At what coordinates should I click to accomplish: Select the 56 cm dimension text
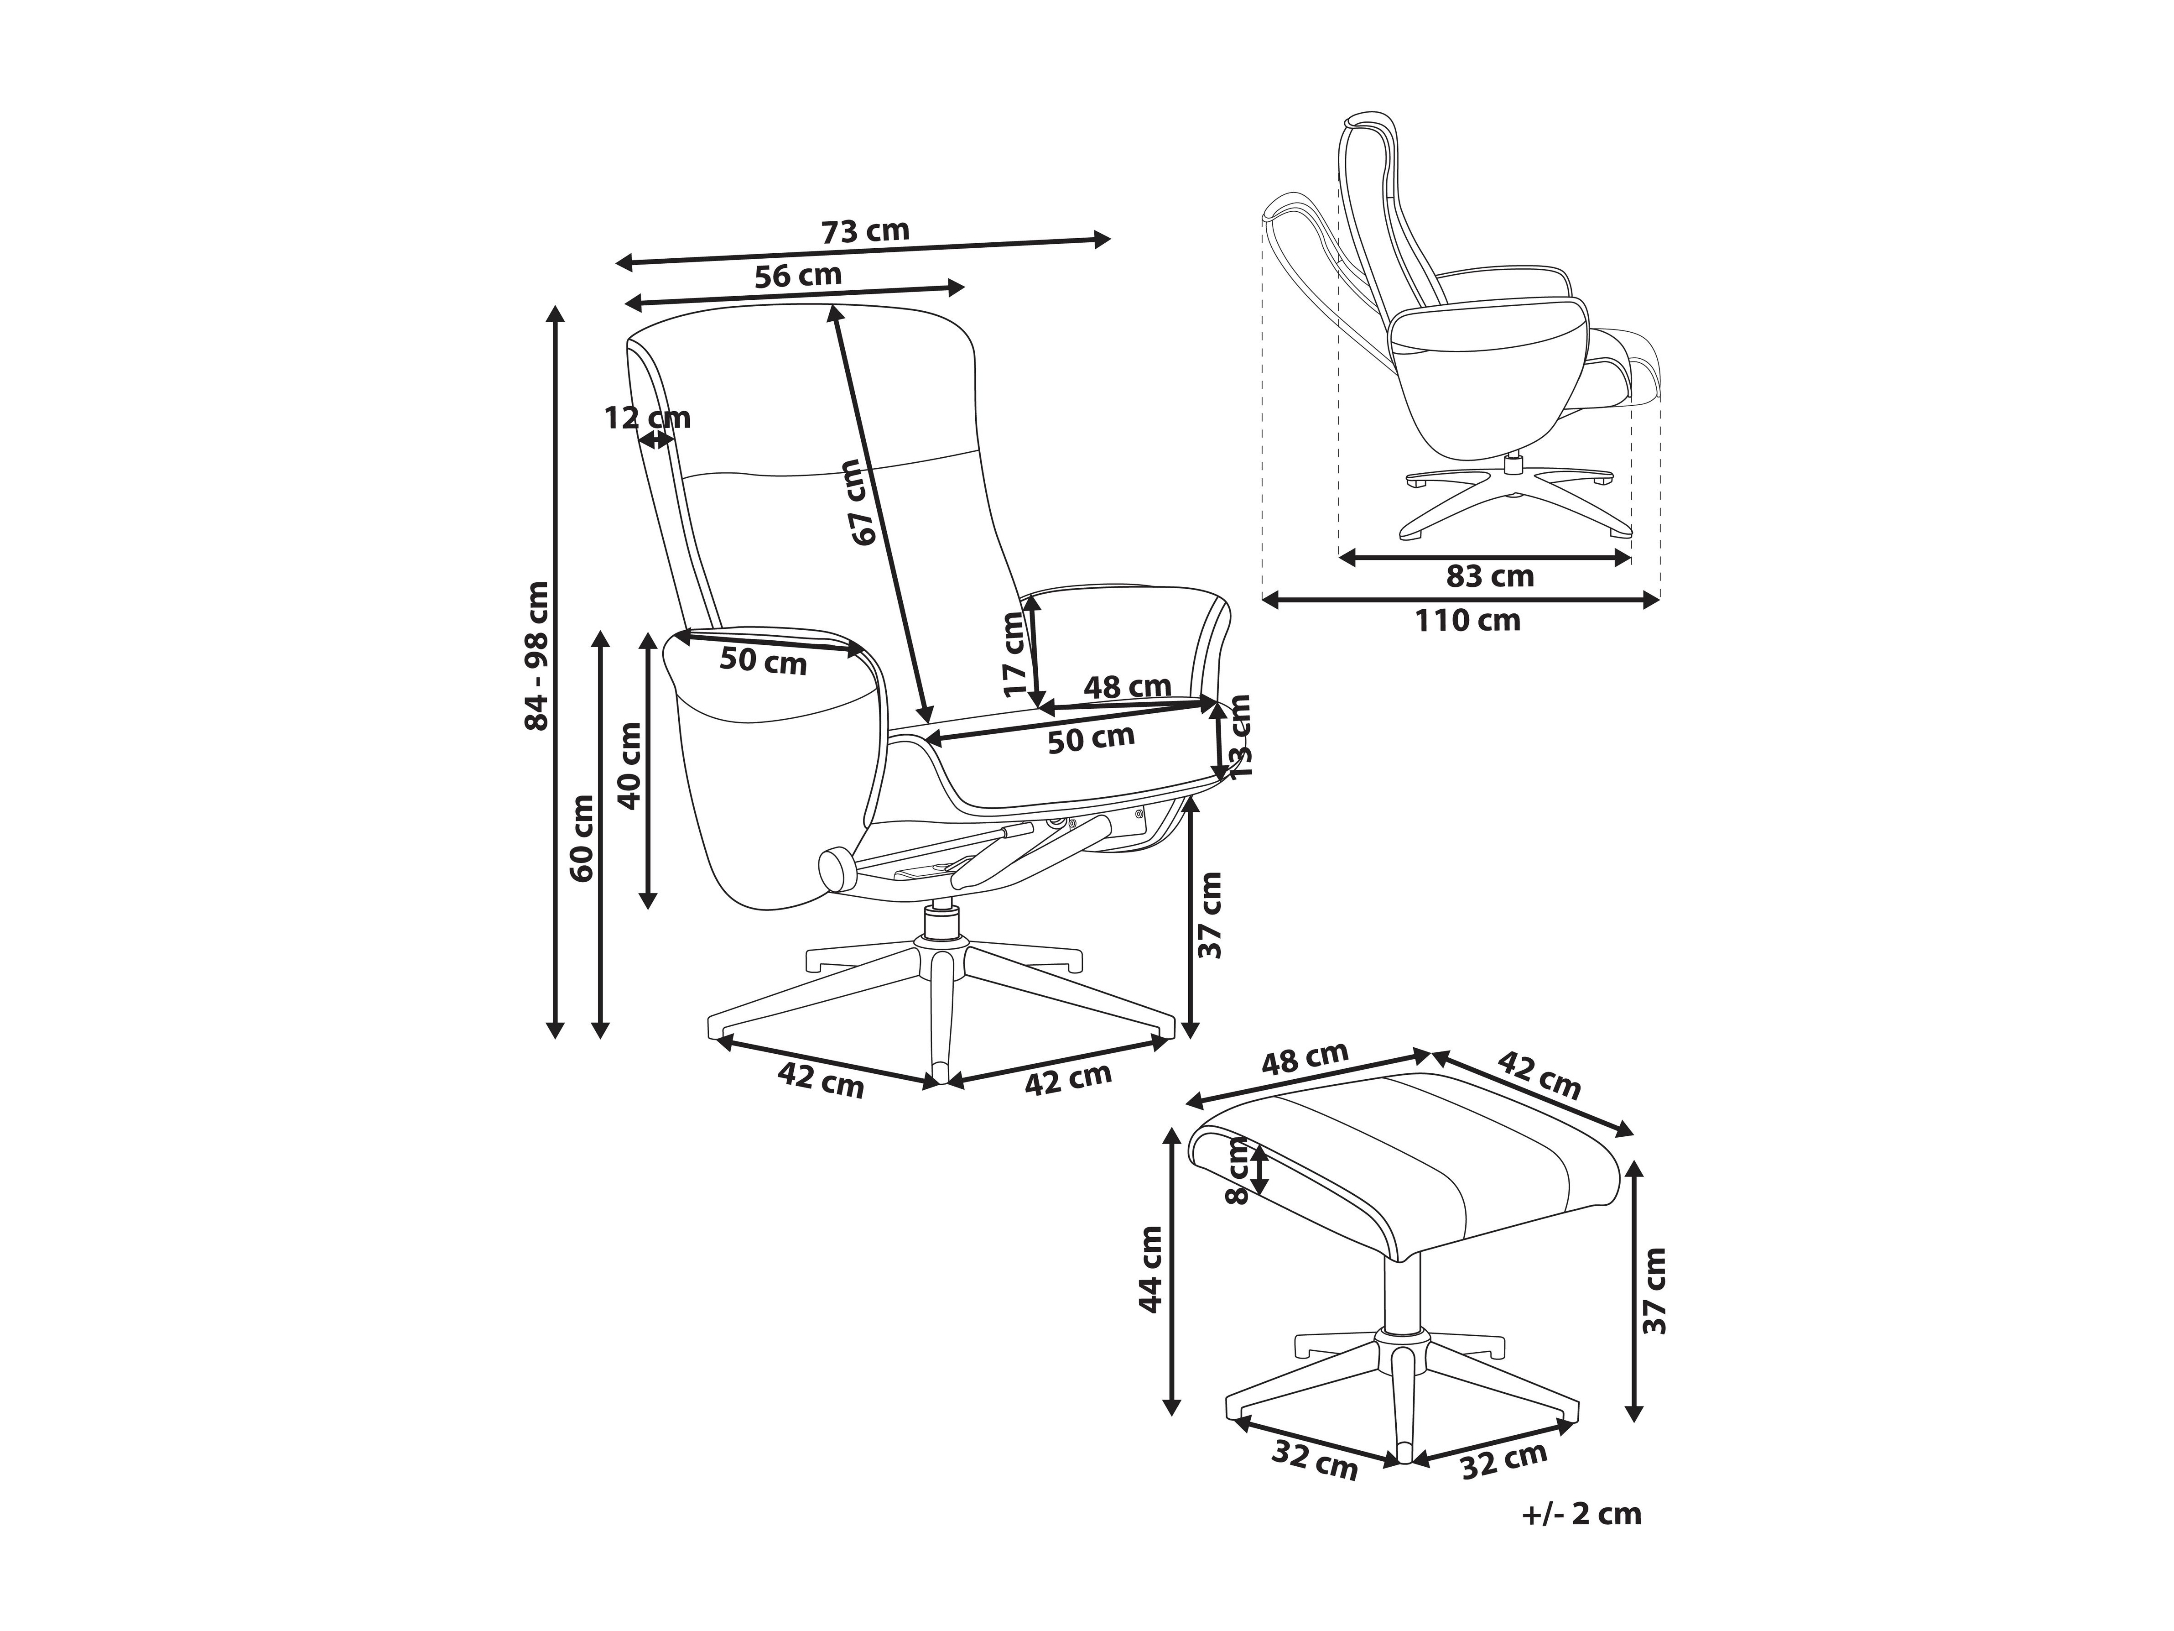(x=798, y=275)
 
